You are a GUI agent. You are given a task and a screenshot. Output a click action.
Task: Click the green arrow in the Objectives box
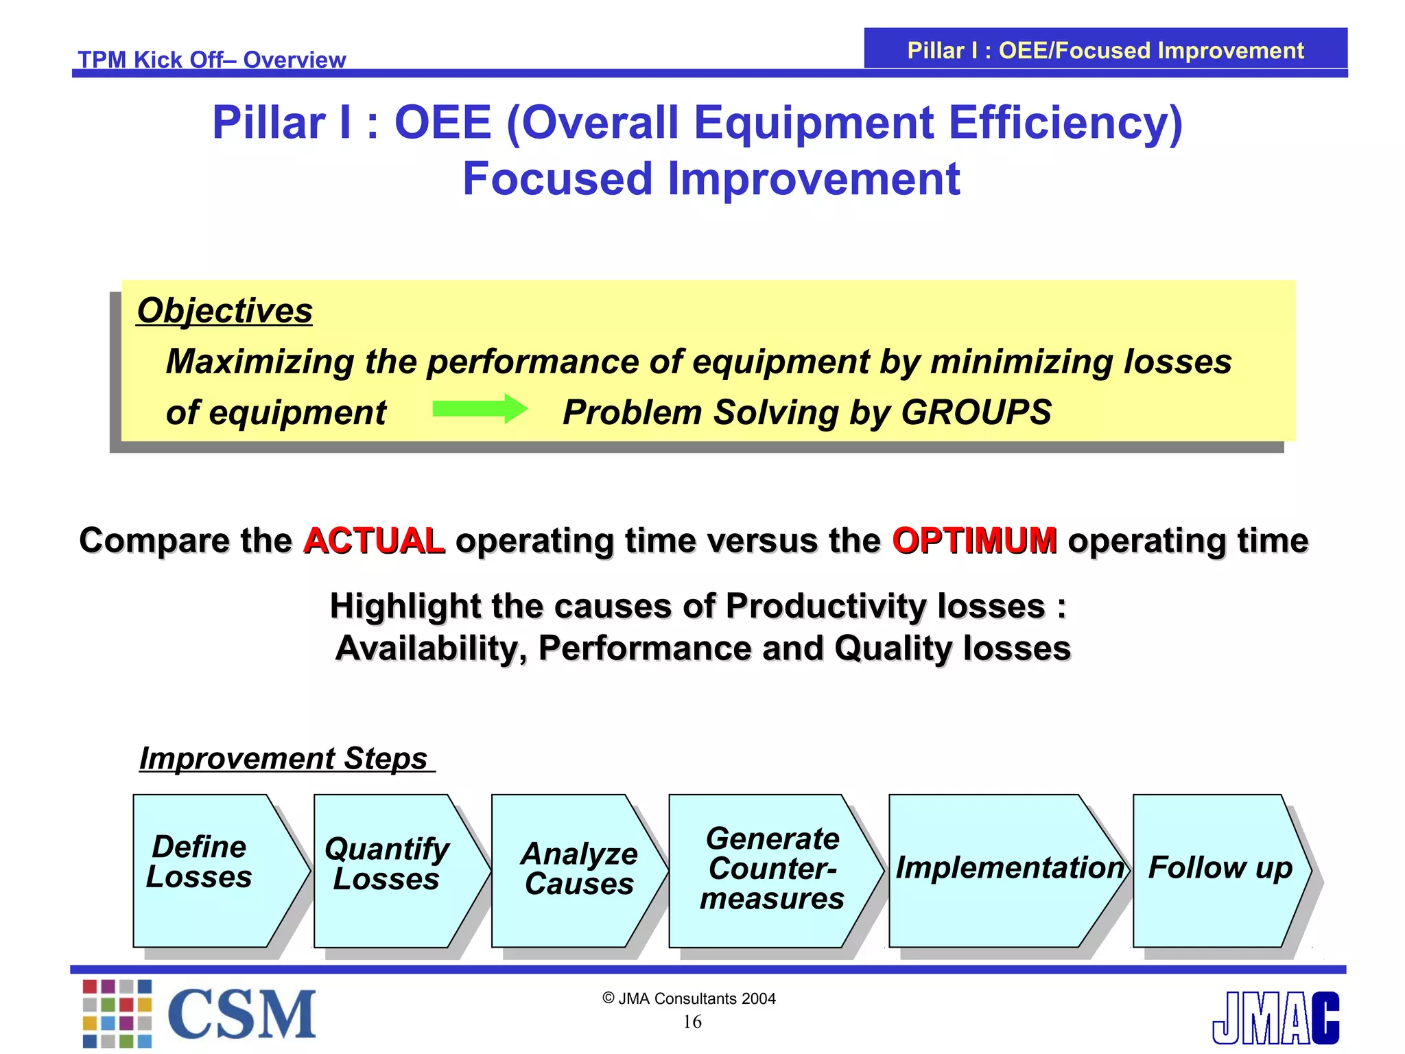(x=480, y=409)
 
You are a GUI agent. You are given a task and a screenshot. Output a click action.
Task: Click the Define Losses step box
(x=206, y=870)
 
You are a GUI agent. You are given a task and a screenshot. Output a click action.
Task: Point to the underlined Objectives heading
(x=224, y=311)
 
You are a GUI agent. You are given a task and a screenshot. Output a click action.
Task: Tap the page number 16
(x=692, y=1022)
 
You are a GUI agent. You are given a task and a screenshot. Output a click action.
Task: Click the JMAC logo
(x=1275, y=1018)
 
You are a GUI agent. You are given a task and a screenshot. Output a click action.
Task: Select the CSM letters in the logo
(x=241, y=1015)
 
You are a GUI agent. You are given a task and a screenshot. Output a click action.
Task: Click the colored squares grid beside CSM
(x=117, y=1014)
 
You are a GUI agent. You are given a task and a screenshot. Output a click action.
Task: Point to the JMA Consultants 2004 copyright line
(x=689, y=998)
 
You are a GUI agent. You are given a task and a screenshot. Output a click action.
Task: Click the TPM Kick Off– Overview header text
(x=211, y=60)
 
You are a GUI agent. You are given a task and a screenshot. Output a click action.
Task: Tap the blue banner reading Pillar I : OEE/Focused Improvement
(x=1105, y=50)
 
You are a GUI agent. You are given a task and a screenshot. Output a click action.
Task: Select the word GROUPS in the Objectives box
(x=976, y=412)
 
